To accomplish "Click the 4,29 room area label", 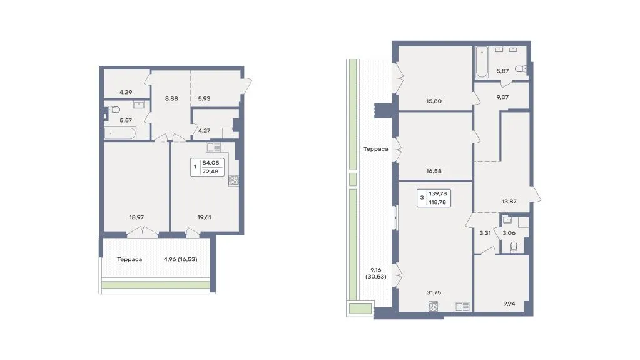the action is [126, 93].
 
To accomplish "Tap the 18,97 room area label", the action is [136, 217].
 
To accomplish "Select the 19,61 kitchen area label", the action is [204, 217].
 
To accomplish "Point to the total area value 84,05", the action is [211, 163].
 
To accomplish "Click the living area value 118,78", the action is [437, 202].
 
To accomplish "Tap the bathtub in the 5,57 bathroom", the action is [120, 133].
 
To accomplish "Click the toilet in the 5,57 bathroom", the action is [114, 110].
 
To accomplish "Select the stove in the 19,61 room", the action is [234, 180].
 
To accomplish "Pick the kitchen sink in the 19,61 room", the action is [213, 147].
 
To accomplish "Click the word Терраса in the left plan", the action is [130, 259].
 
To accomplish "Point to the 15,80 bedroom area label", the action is [434, 101].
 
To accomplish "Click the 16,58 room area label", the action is [434, 171].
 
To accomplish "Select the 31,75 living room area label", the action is [434, 292].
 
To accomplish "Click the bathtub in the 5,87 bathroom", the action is [482, 62].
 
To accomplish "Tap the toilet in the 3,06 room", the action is [514, 247].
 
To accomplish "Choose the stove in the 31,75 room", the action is [434, 306].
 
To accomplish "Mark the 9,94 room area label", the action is [509, 304].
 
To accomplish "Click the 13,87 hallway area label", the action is [509, 202].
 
